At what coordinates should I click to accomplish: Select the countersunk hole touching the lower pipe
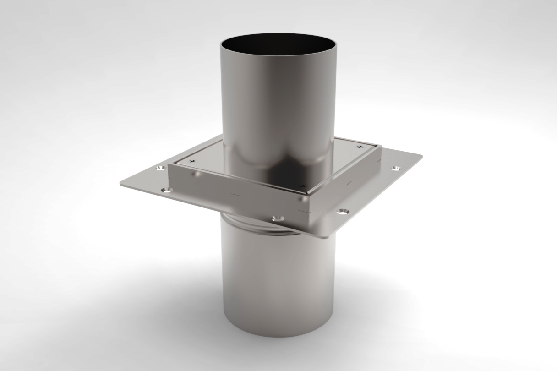tap(277, 218)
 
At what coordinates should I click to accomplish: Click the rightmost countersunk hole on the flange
tap(395, 169)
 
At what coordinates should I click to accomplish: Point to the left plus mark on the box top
tap(192, 162)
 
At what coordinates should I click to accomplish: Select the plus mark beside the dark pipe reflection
tap(301, 185)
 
